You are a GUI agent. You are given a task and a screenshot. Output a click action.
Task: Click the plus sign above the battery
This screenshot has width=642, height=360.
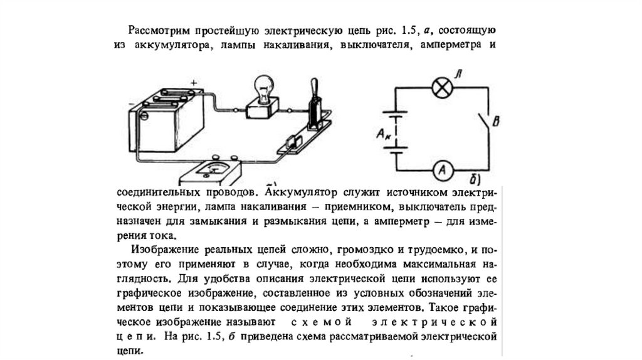(194, 82)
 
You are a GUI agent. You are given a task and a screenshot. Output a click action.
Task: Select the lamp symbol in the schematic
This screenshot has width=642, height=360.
(442, 88)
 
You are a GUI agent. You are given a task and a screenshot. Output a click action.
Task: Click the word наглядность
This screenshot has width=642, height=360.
(144, 277)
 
